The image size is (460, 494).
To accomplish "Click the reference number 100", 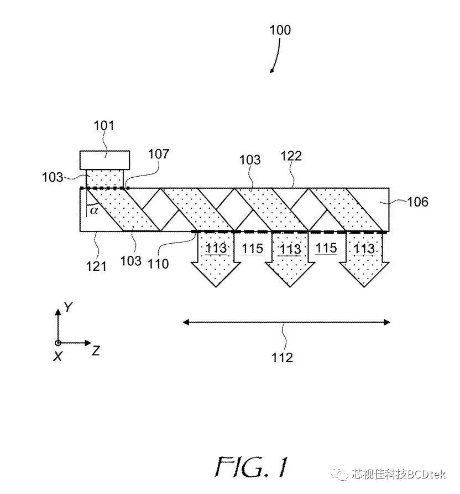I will [280, 30].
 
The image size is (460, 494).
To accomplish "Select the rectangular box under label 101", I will [105, 159].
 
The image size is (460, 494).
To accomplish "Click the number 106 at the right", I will [417, 202].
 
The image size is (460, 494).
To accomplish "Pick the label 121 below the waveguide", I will [96, 266].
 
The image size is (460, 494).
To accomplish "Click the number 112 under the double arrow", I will [282, 358].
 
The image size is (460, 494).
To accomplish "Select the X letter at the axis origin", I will [57, 357].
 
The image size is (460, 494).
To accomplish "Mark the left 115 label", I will [252, 249].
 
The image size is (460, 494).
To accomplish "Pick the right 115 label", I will [326, 248].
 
